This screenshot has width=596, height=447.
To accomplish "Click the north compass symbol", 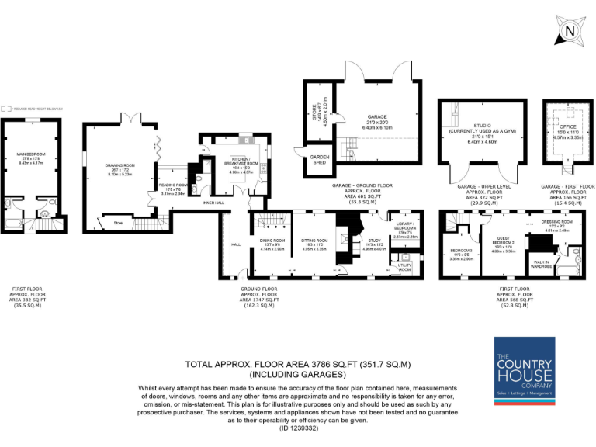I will (x=570, y=31).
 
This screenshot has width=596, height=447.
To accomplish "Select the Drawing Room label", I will (x=120, y=165).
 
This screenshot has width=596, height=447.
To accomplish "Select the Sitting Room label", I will (x=312, y=240).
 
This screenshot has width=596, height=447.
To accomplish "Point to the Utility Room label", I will (x=405, y=266).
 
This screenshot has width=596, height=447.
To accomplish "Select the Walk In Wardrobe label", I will (x=541, y=264).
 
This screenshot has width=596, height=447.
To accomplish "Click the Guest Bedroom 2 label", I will (x=505, y=241).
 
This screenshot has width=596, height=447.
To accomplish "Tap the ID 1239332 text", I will (x=298, y=428).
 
